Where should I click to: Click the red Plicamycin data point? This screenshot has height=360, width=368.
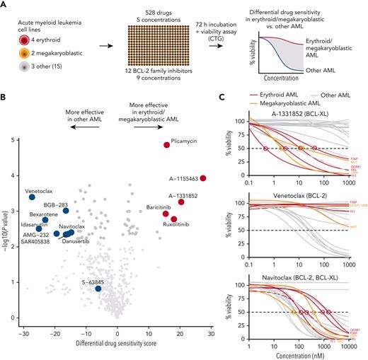click(167, 144)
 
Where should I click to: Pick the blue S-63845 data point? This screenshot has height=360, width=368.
click(98, 289)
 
